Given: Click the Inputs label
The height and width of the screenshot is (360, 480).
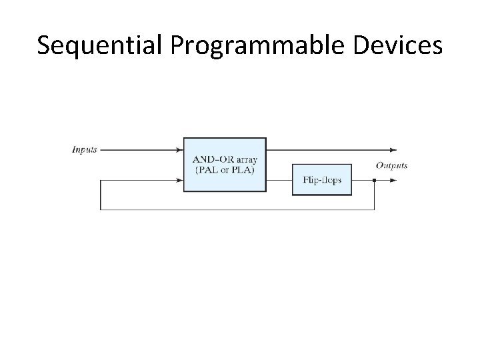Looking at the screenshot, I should [x=84, y=149].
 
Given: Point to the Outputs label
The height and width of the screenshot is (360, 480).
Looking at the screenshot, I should [x=391, y=165].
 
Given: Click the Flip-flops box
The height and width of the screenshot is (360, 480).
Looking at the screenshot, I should [x=322, y=179].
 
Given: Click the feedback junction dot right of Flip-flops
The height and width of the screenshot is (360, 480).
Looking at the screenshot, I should [x=375, y=180].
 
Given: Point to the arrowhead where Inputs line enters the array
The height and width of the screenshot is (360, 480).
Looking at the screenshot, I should [x=179, y=149].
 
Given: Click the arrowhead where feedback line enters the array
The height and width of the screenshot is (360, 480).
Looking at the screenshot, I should [x=179, y=180].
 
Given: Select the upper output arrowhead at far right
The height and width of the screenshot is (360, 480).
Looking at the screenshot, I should [x=394, y=149].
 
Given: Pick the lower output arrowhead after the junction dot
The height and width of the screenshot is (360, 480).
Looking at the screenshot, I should [x=394, y=180].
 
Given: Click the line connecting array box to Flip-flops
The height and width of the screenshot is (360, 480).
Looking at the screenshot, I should [x=279, y=164].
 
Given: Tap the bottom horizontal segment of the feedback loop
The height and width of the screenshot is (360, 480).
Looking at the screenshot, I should [x=237, y=209].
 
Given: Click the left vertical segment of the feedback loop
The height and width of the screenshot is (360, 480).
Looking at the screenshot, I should [x=101, y=195].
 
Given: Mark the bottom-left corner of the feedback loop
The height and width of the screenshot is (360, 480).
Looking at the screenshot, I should [x=101, y=209].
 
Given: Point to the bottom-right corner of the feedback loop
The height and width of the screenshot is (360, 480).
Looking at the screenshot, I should [x=375, y=209].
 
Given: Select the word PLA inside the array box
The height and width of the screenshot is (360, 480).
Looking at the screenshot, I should [x=242, y=170].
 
